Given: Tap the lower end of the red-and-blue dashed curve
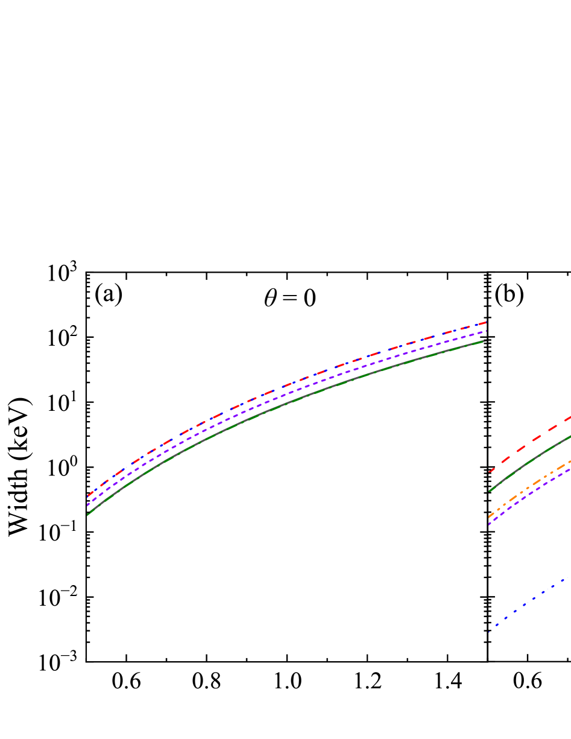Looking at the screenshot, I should [x=88, y=496].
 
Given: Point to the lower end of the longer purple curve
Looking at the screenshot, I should [x=88, y=505].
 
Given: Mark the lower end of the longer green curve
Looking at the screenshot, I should [x=88, y=515].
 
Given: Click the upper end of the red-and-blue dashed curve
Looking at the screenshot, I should [x=486, y=322].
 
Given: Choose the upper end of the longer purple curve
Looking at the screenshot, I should [x=486, y=331].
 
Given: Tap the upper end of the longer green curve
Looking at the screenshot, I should [x=485, y=341].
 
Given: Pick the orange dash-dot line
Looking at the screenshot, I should [x=531, y=486].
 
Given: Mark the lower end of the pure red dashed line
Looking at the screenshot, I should [x=489, y=472].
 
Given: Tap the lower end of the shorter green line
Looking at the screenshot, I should [x=489, y=491].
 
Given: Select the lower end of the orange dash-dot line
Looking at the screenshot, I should [x=489, y=517].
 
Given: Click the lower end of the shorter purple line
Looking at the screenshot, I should [x=489, y=524].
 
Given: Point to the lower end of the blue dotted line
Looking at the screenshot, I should [x=488, y=632].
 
